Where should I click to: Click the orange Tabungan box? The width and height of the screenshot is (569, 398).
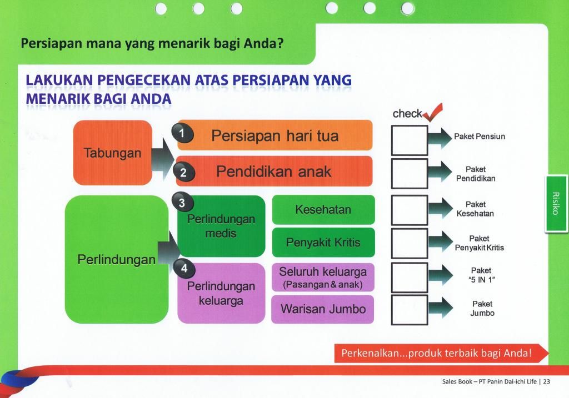coord(112,153)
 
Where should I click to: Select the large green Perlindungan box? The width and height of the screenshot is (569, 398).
coord(117,260)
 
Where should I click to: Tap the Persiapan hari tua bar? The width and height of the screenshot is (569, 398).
coord(274,135)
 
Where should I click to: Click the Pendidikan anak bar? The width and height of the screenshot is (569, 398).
coord(274,171)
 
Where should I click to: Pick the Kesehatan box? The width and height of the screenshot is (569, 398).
coord(323,209)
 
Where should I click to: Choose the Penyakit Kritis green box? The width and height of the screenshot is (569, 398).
coord(323,242)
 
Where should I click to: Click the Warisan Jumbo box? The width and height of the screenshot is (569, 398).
coord(323,309)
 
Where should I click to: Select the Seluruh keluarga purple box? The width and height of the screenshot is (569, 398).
coord(323,278)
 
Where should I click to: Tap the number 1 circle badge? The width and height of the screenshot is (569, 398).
coord(182,133)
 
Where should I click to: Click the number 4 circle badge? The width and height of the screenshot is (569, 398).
coord(184,268)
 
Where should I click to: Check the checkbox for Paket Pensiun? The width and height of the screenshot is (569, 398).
coord(410,140)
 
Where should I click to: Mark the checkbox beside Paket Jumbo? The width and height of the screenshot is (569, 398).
coord(410,310)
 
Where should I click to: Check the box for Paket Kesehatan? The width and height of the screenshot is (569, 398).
coord(410,210)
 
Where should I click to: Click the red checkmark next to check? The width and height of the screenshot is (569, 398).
coord(432,112)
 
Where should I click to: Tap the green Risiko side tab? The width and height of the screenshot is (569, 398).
coord(556,203)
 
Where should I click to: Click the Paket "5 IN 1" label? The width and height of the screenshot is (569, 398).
coord(481,275)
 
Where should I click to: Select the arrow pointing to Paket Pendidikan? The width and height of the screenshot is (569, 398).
coord(441,171)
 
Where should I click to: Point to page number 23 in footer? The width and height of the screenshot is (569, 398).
coord(547,381)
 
